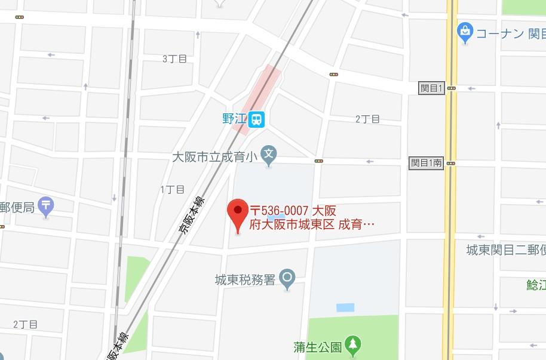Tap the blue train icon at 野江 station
click(x=257, y=119)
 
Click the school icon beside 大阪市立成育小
click(x=269, y=157)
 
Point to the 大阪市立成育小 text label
click(x=214, y=158)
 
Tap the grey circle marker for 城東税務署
click(x=288, y=278)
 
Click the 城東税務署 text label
click(x=245, y=279)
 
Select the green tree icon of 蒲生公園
click(x=354, y=344)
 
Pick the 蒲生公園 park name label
click(x=318, y=346)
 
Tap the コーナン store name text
click(x=499, y=33)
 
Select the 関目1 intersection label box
click(x=430, y=88)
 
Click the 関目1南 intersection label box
click(x=427, y=162)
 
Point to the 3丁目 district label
click(x=174, y=59)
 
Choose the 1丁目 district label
click(x=172, y=189)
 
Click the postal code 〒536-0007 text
click(x=279, y=211)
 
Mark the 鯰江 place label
click(x=536, y=284)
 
